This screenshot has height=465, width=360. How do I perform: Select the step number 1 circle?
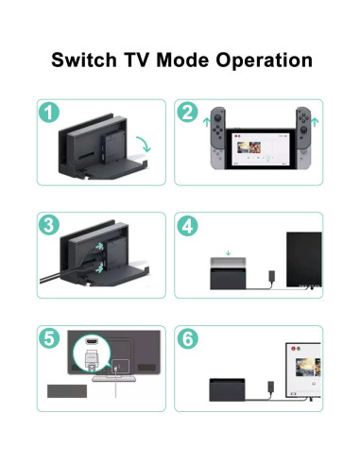coord(49,112)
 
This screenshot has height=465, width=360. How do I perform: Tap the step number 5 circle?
coord(49,337)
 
